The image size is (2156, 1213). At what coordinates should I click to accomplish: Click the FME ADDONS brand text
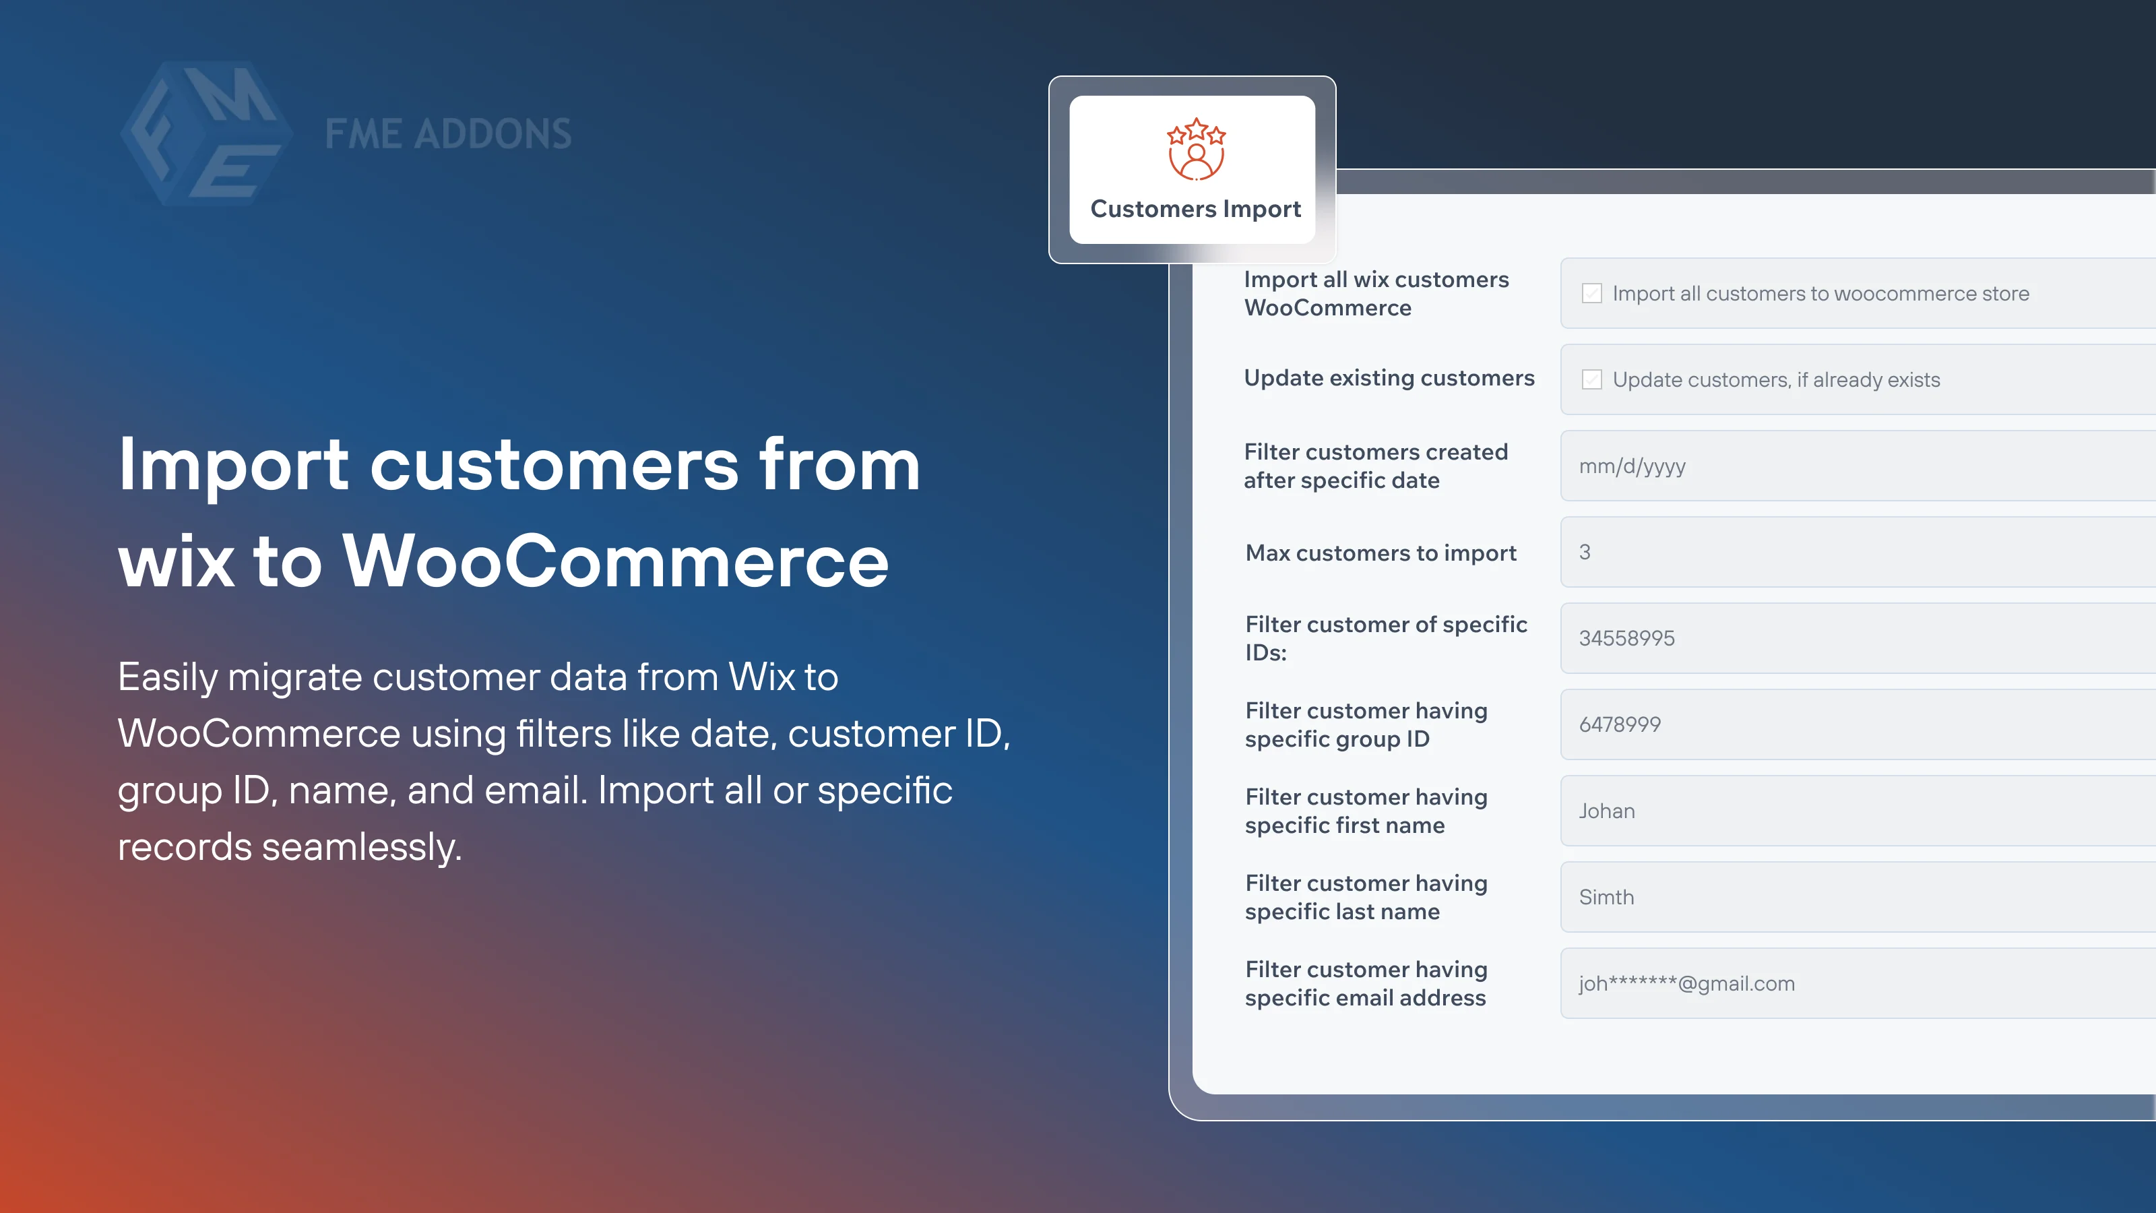(x=448, y=134)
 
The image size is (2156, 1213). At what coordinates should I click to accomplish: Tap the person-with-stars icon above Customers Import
(x=1196, y=149)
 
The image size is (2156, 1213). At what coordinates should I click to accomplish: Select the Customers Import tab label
(x=1195, y=208)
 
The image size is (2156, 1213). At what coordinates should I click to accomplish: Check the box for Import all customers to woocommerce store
(x=1591, y=294)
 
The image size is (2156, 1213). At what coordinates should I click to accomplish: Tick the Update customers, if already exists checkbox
(x=1591, y=380)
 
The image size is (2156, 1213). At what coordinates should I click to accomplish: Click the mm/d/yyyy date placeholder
(x=1632, y=466)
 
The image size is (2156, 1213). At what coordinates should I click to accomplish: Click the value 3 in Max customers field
(x=1585, y=553)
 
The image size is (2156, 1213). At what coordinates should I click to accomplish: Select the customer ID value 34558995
(x=1626, y=639)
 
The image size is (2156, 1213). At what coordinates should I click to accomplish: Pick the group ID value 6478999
(x=1620, y=725)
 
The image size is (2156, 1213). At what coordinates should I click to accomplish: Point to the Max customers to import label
(x=1380, y=553)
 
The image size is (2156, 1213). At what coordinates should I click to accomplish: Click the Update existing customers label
(x=1389, y=378)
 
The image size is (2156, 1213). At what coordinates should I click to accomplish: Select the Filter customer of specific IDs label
(x=1385, y=638)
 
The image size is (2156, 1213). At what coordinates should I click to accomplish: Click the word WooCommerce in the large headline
(x=615, y=561)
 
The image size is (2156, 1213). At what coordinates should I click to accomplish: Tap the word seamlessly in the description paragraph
(x=362, y=847)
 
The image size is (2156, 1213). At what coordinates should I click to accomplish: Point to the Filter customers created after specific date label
(x=1375, y=466)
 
